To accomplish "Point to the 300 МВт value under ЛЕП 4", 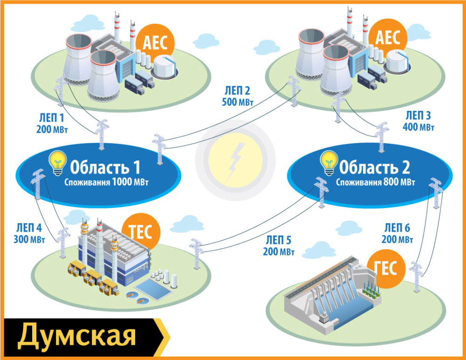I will click(29, 240).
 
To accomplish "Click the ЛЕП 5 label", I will click(279, 241).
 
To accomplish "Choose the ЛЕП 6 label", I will click(397, 228).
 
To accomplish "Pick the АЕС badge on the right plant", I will click(388, 38).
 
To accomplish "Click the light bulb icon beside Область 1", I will click(57, 163).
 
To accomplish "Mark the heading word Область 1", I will click(105, 167).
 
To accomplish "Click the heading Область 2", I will click(374, 166).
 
